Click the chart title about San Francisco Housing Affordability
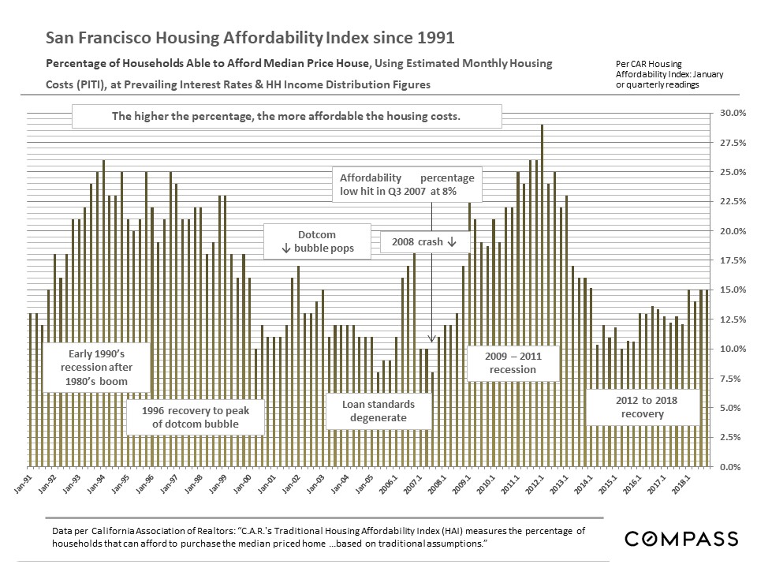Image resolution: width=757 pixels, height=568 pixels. tap(251, 37)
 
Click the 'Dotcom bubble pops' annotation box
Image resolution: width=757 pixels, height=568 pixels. tap(316, 241)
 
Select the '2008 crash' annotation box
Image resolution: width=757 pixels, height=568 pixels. tap(426, 242)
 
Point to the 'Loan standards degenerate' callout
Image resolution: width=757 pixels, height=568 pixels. tap(378, 410)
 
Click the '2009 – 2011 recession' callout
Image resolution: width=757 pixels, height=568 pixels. tap(513, 363)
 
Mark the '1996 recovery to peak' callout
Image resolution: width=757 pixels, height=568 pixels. tap(195, 417)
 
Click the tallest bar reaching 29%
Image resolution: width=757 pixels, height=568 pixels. tap(542, 295)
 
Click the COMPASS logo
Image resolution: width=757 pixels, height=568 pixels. tap(681, 539)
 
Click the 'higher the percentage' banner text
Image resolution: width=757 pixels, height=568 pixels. tap(285, 116)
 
